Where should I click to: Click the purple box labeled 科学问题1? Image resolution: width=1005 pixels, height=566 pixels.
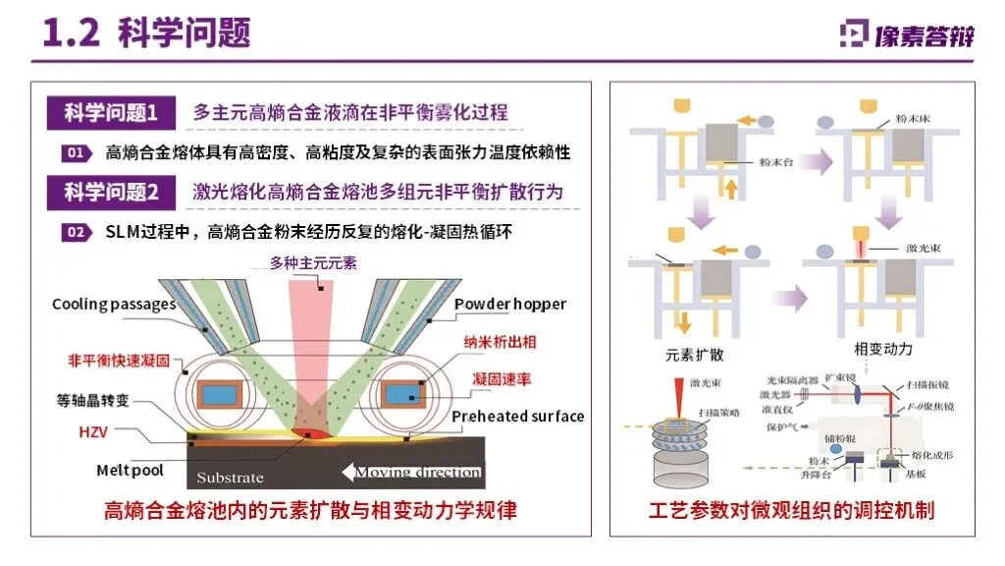[111, 112]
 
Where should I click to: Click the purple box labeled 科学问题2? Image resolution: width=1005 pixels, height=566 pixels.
[111, 193]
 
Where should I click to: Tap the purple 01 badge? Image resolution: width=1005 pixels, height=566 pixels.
[76, 152]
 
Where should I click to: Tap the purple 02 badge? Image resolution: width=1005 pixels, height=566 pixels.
[76, 233]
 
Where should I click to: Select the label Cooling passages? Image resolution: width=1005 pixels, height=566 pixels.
[114, 304]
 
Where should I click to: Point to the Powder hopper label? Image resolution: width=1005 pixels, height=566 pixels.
[510, 304]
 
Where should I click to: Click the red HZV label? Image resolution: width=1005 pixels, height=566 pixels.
[92, 432]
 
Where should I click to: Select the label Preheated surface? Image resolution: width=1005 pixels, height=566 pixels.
[517, 416]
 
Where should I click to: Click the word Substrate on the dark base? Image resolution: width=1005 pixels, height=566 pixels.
[230, 478]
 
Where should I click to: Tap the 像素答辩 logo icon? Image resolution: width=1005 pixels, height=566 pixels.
[854, 33]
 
